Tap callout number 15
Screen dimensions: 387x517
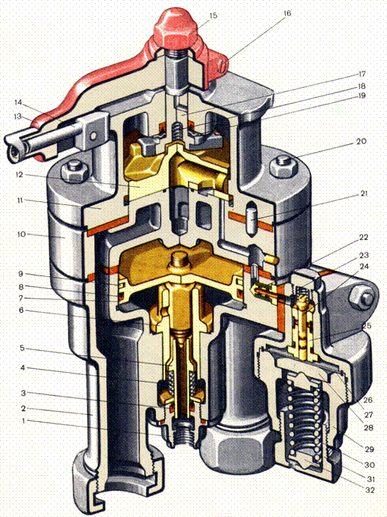(x=213, y=16)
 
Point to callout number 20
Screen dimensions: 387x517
(x=361, y=141)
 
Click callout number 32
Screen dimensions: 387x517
(x=370, y=490)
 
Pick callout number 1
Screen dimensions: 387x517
(x=23, y=420)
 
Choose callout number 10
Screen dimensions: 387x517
(x=21, y=234)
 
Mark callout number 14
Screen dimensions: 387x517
(x=18, y=102)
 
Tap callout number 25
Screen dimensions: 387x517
(x=366, y=325)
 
